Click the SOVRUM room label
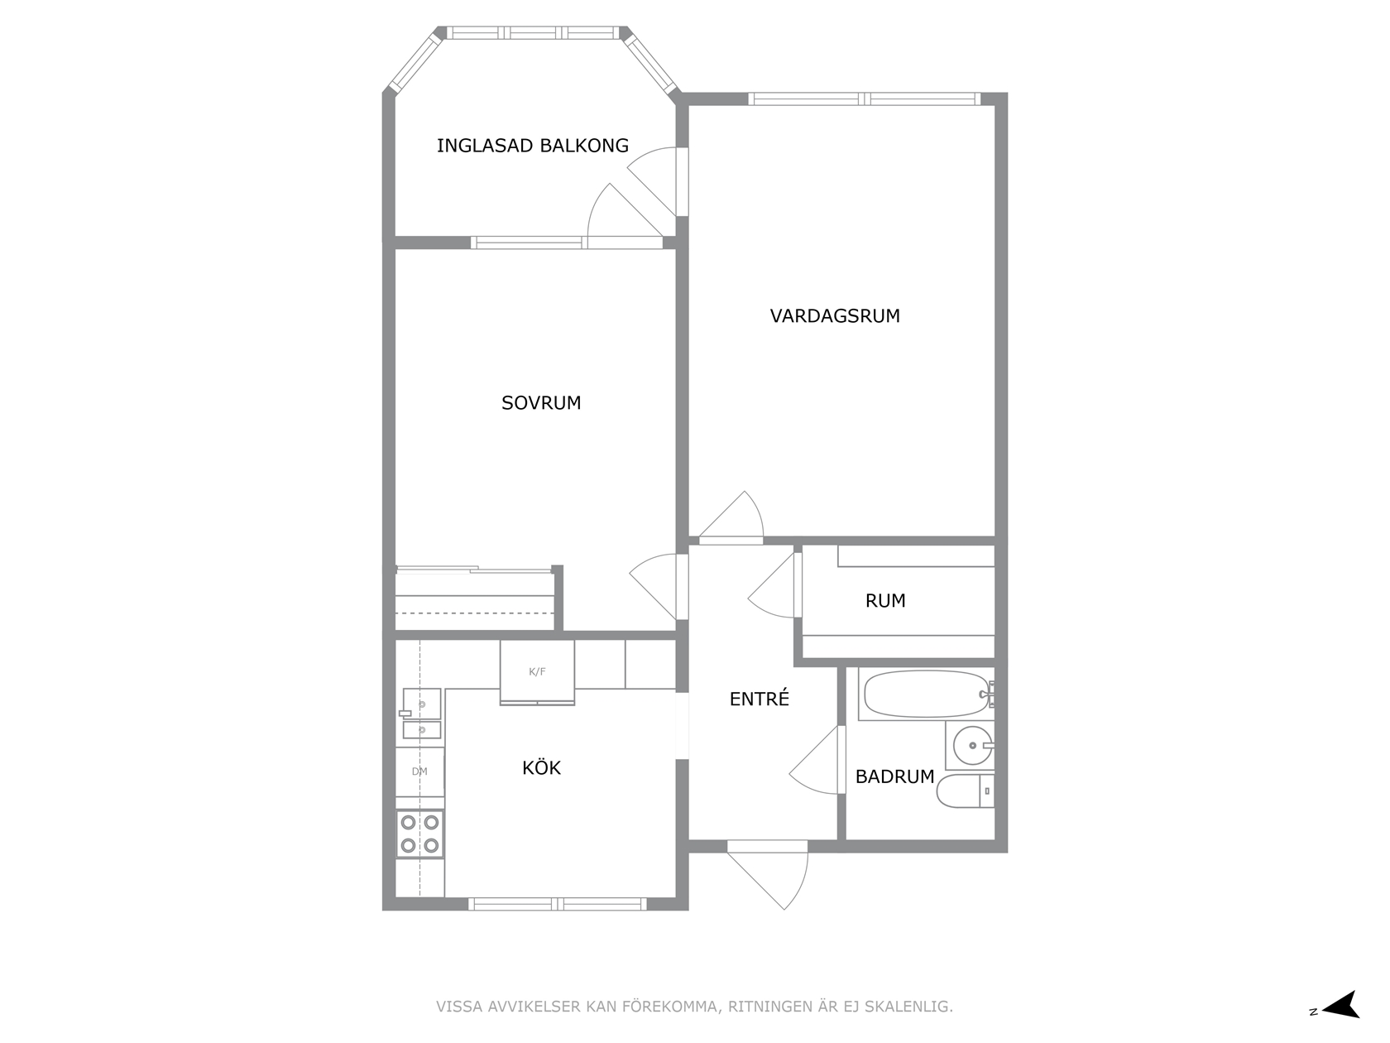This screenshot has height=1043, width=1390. coord(541,403)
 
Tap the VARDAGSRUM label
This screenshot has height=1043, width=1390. coord(835,316)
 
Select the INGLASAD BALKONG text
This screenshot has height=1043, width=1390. coord(533,146)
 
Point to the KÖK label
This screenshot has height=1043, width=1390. coord(541,767)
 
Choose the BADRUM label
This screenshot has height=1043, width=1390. coord(894,776)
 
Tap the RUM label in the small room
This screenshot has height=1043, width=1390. coord(885,600)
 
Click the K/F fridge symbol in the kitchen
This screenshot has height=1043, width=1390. coord(537,672)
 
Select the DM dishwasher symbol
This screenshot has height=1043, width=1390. coord(419,771)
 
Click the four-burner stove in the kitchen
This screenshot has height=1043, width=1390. coord(419,834)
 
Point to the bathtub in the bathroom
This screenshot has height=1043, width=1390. coord(927,694)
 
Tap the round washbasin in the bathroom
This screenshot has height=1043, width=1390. coord(973,745)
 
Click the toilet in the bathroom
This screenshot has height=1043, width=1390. coord(966,791)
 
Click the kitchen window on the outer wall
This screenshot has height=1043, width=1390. coord(558,904)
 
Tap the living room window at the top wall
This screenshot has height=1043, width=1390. coord(865,99)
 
